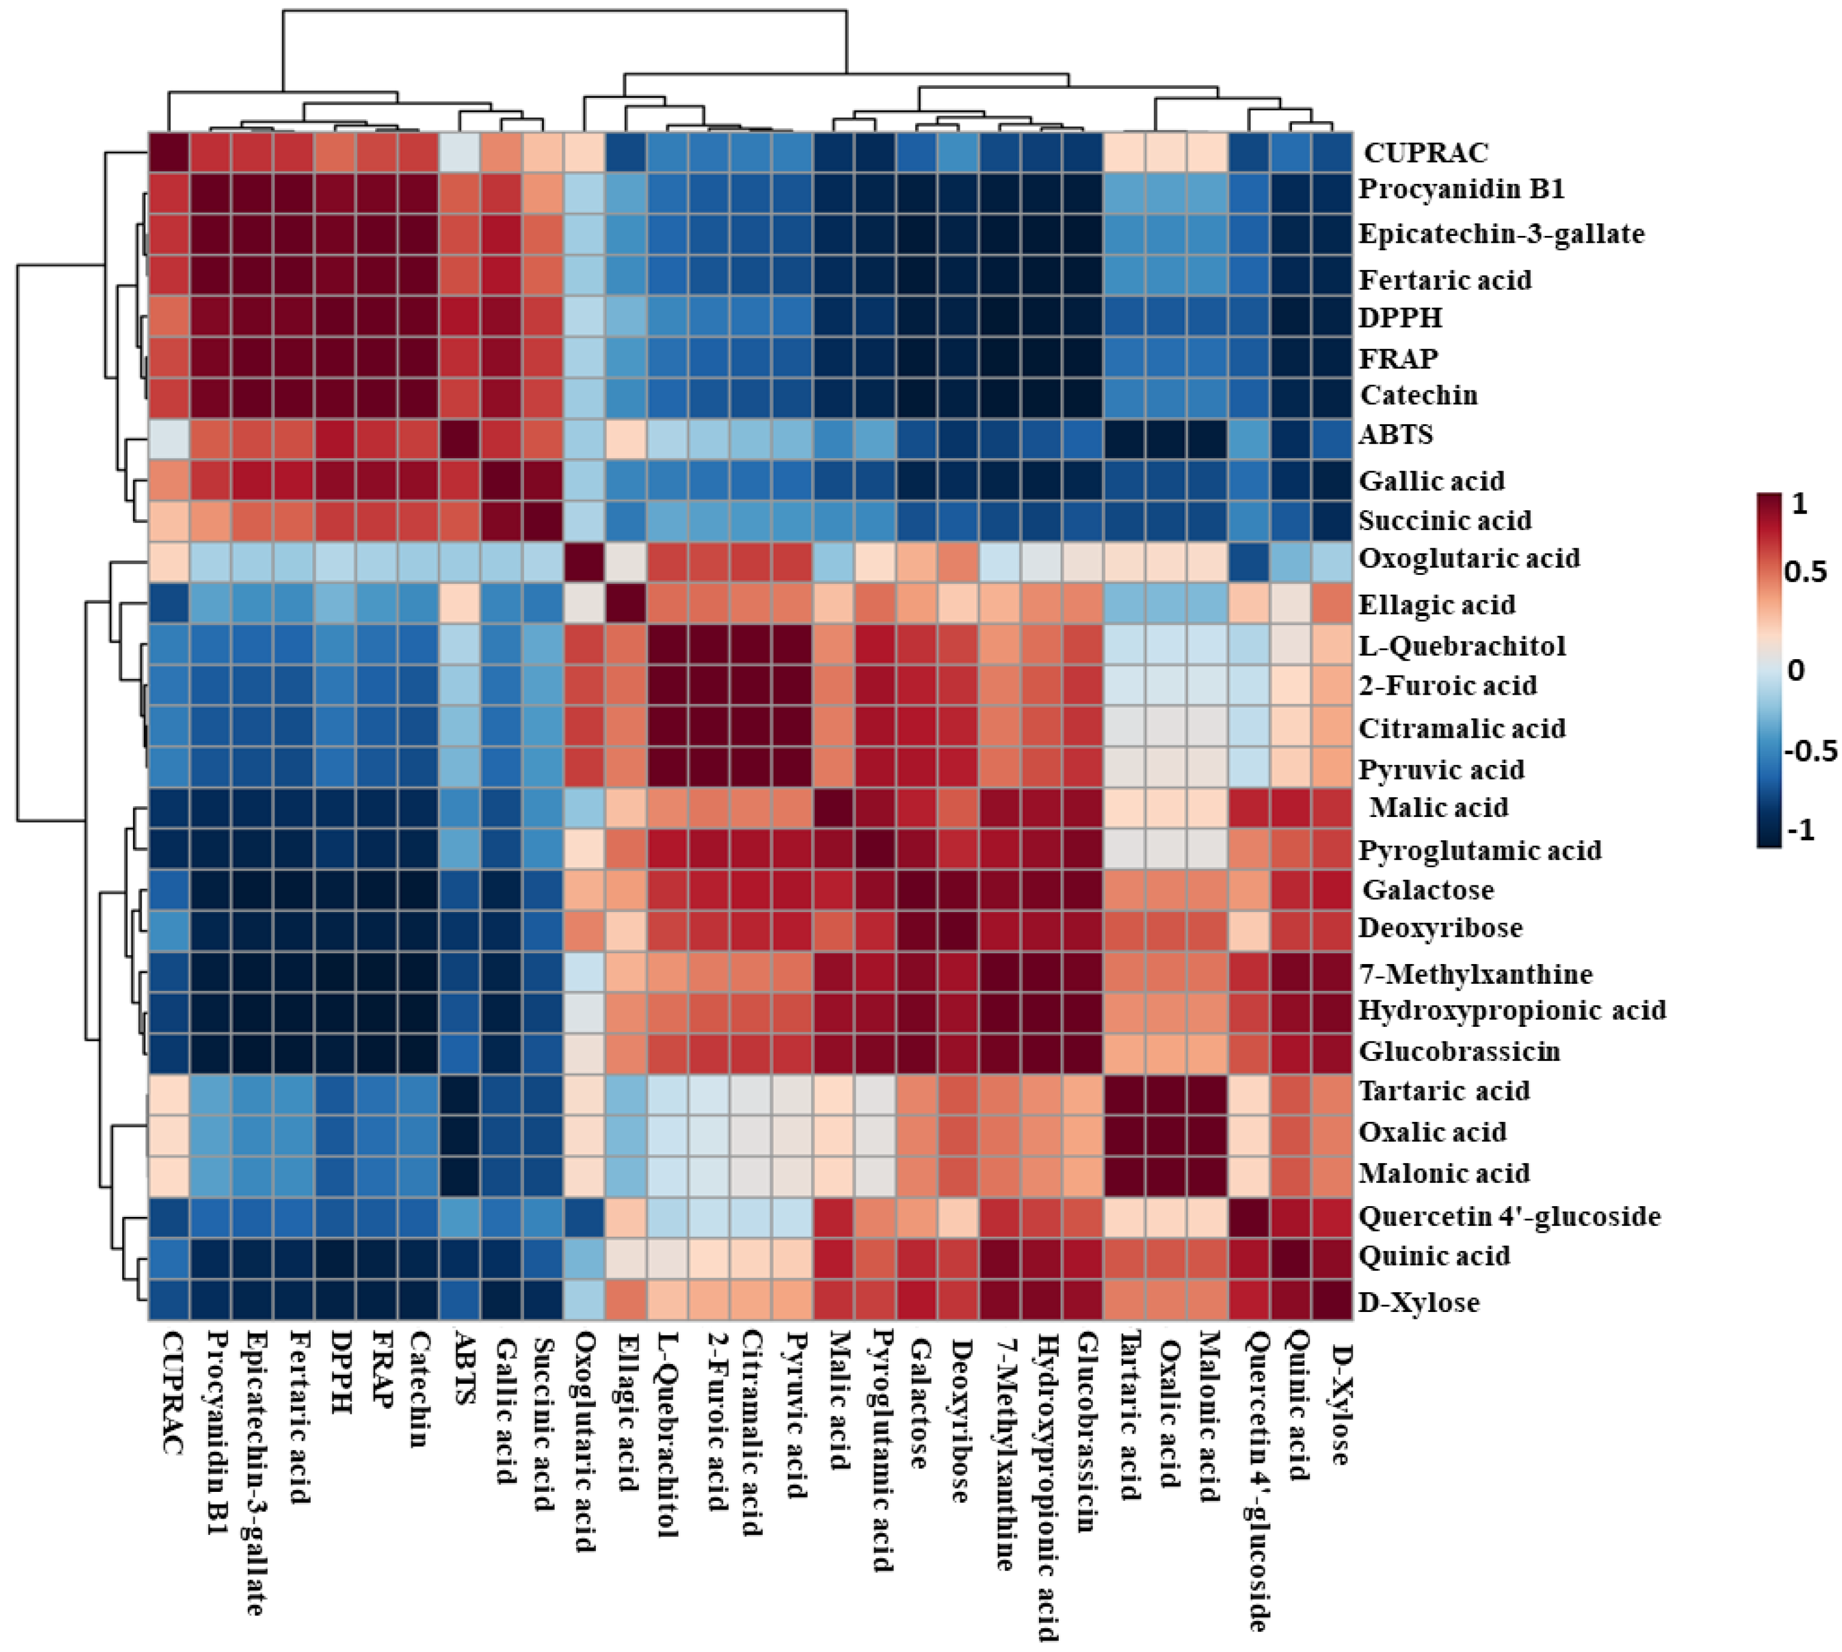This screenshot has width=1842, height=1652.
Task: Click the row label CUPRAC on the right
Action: coord(1425,153)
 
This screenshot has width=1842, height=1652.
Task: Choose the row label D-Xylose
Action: coord(1418,1302)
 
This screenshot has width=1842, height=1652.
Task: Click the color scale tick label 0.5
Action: coord(1805,572)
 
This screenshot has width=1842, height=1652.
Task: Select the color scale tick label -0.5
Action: coord(1809,751)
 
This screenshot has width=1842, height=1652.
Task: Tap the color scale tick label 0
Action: coord(1795,670)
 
